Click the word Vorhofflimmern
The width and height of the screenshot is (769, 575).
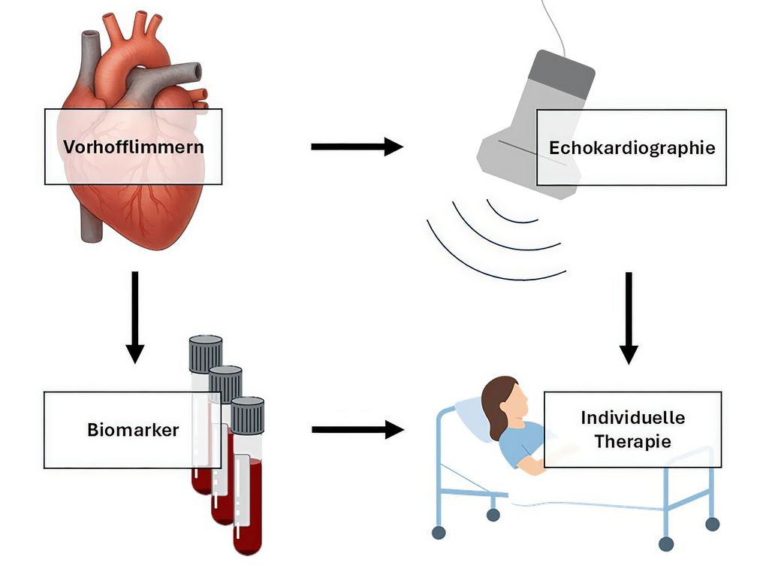(133, 147)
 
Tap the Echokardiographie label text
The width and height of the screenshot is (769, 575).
(632, 147)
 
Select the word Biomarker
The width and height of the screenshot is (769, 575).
(132, 430)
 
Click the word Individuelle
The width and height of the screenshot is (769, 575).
(632, 418)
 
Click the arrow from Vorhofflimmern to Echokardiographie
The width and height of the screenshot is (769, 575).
(357, 147)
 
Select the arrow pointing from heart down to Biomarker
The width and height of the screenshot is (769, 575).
(135, 316)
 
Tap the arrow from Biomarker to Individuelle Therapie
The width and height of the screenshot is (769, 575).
(357, 430)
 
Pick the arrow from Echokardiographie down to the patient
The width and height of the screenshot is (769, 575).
(629, 316)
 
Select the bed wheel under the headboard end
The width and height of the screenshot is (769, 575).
(439, 532)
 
